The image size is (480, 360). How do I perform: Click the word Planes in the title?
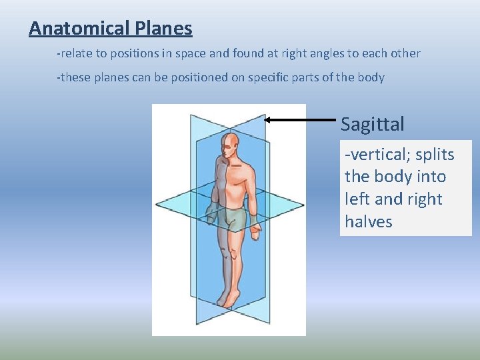pyautogui.click(x=164, y=29)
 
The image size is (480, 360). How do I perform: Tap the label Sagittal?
pyautogui.click(x=372, y=124)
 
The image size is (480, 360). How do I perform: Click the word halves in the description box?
pyautogui.click(x=369, y=221)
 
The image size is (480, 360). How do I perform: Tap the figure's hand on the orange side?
pyautogui.click(x=255, y=230)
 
